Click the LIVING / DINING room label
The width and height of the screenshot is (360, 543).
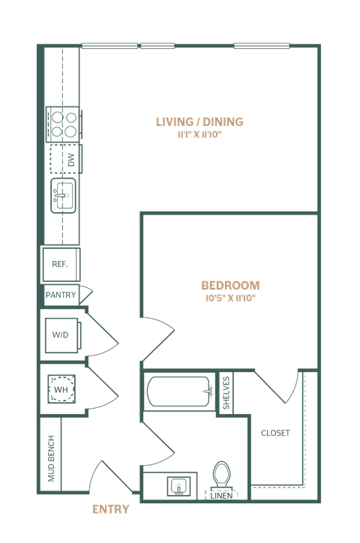[x=199, y=122]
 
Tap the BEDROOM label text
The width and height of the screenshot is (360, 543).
[x=230, y=286]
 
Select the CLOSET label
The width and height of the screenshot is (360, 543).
[x=275, y=433]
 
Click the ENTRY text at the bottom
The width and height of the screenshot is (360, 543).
[x=110, y=509]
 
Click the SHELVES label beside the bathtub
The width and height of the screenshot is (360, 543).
[x=226, y=392]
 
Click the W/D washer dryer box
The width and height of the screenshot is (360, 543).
[x=61, y=335]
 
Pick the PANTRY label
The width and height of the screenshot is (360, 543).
[x=60, y=295]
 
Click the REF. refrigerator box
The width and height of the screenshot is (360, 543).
[x=60, y=264]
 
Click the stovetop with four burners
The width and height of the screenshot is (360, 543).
[x=63, y=124]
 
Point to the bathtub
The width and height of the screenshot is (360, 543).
[x=178, y=391]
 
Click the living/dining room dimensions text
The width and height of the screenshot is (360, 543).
[x=199, y=136]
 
